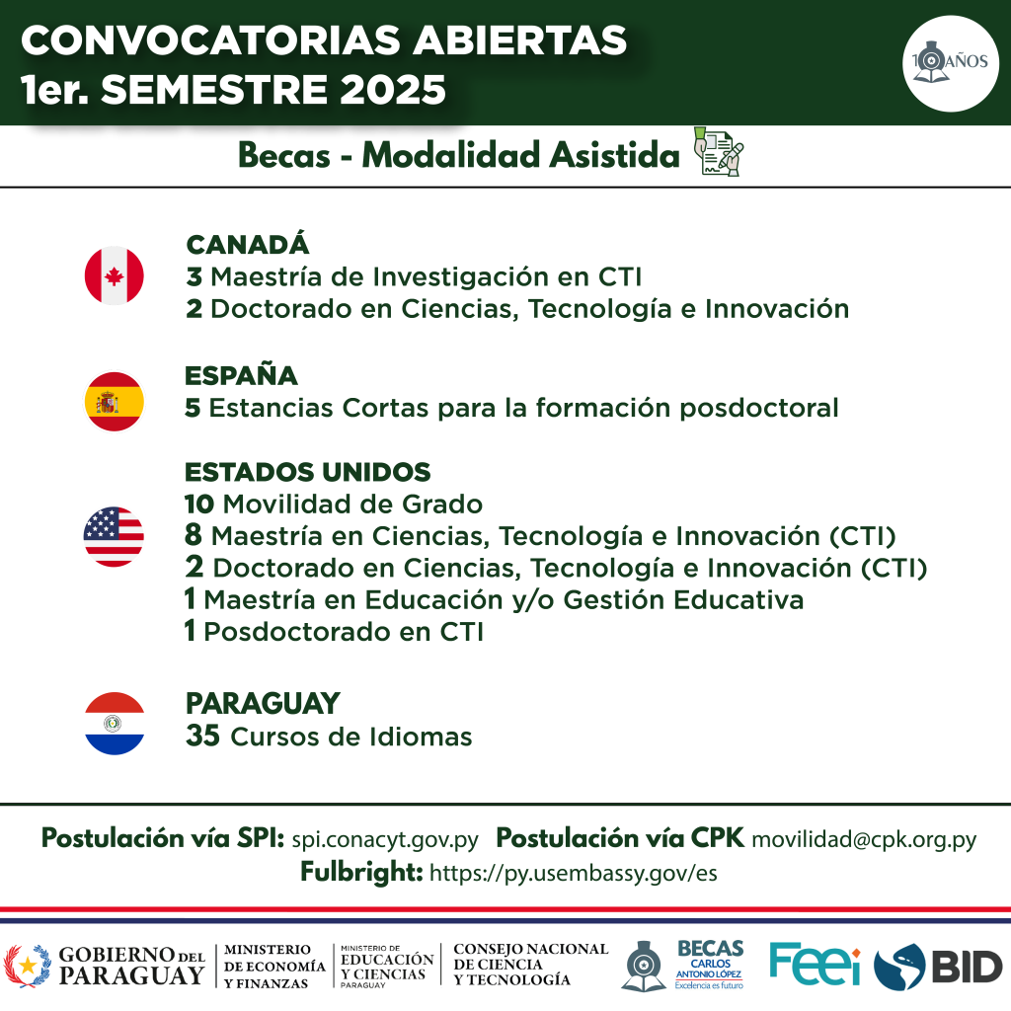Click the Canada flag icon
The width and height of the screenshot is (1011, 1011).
[x=115, y=276]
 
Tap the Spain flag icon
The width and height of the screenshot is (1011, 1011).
[x=115, y=402]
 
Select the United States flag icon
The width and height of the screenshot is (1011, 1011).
[x=114, y=536]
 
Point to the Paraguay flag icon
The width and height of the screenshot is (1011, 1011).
[x=115, y=724]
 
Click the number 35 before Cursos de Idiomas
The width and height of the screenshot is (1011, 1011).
[x=202, y=736]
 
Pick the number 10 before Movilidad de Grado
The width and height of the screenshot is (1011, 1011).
[x=199, y=505]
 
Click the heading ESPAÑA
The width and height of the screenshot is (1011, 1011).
[x=241, y=376]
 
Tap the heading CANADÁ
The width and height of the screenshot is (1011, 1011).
[x=248, y=245]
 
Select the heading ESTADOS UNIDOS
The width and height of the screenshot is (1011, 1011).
[x=308, y=472]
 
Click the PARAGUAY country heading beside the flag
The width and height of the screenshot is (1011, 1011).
[x=263, y=703]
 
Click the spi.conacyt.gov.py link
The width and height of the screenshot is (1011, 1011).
[x=385, y=839]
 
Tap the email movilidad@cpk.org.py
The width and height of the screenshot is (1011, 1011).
[x=864, y=839]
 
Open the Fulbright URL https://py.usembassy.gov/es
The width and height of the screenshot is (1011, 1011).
[x=574, y=873]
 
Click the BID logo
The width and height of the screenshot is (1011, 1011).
[x=939, y=968]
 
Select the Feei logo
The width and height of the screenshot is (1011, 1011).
[x=815, y=964]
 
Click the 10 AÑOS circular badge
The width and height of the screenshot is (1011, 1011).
[x=951, y=63]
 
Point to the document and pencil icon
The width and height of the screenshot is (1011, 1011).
[x=719, y=151]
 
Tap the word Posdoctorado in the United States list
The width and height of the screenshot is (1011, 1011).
[x=297, y=632]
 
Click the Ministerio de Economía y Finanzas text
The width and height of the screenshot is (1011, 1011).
[x=274, y=966]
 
